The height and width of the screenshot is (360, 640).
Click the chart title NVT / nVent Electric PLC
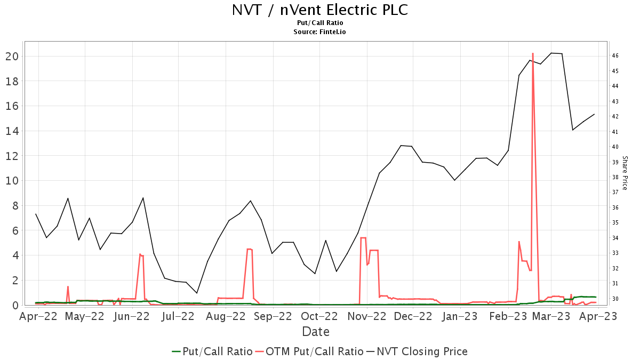(320, 10)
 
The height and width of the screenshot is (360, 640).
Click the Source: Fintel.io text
(320, 32)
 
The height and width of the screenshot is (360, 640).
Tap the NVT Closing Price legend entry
(422, 351)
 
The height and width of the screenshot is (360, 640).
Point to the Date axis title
(316, 332)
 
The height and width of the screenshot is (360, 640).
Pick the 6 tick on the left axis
(15, 230)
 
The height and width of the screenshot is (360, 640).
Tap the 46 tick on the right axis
(615, 56)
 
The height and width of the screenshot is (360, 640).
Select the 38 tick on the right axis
(615, 177)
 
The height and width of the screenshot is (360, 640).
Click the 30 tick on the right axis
(615, 299)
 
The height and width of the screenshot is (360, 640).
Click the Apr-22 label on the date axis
(38, 316)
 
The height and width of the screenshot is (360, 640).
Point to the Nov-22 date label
(366, 316)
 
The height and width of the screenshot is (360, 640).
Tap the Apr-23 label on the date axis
(598, 316)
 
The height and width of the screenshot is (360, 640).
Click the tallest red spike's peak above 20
(533, 53)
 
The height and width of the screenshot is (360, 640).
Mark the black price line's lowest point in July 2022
(197, 293)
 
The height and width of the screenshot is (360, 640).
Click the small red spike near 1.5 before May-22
(68, 286)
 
